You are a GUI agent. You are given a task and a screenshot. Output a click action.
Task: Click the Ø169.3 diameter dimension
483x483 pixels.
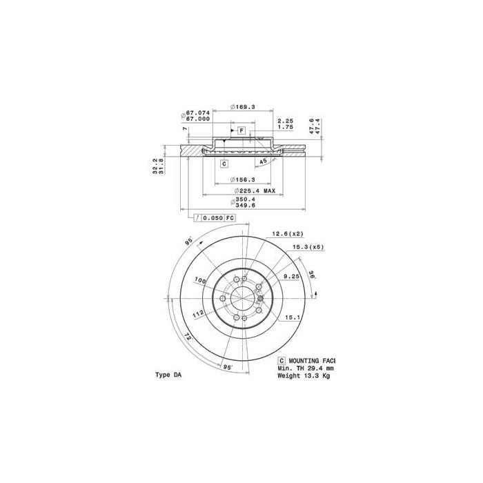(x=244, y=107)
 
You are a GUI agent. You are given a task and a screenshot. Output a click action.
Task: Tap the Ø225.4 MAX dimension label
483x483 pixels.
(x=255, y=190)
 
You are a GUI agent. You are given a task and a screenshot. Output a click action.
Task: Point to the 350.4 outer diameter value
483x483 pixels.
(x=246, y=199)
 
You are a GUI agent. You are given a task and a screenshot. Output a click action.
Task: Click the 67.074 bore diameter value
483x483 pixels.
(x=199, y=112)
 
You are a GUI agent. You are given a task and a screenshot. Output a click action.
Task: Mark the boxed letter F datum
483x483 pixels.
(x=242, y=130)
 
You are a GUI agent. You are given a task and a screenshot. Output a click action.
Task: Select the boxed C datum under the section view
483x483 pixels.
(x=224, y=164)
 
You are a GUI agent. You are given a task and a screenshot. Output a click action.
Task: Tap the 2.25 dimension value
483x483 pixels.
(x=285, y=120)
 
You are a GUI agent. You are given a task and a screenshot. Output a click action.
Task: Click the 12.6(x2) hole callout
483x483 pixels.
(x=286, y=234)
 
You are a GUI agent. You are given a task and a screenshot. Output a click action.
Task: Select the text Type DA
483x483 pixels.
(x=168, y=375)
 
